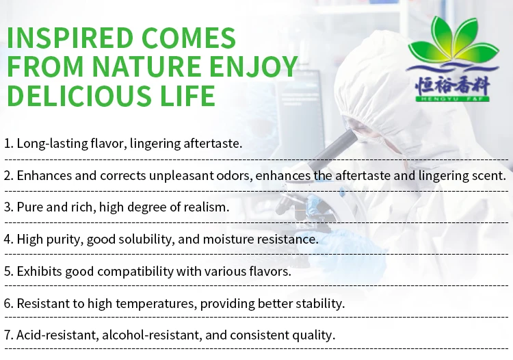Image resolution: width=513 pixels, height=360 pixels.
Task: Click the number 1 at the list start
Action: (x=7, y=144)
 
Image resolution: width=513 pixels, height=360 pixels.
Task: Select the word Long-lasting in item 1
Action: (x=48, y=144)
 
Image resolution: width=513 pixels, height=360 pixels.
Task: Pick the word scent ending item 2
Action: (x=488, y=175)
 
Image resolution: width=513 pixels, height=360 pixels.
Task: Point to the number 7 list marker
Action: (x=7, y=335)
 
